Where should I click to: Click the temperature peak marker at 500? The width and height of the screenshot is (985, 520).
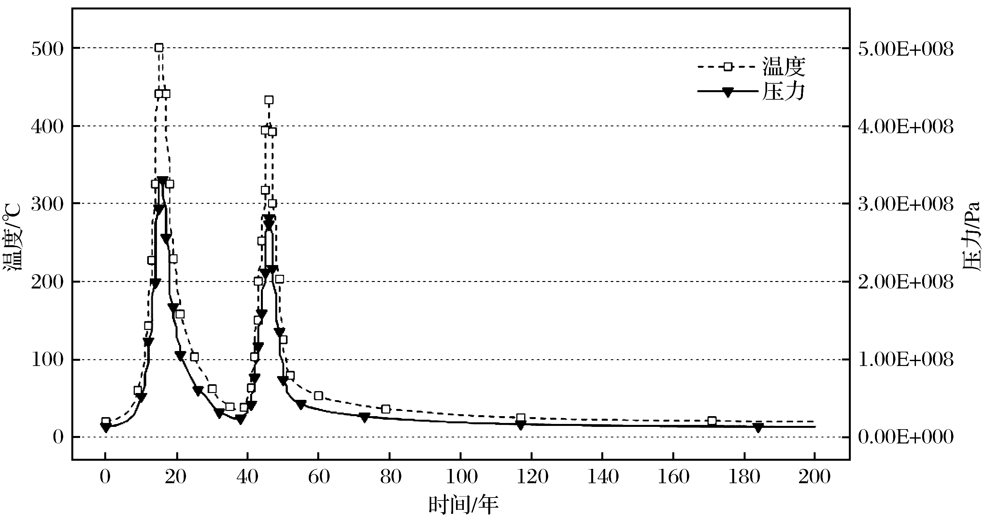tap(159, 48)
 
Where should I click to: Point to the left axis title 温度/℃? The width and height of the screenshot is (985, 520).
tap(13, 237)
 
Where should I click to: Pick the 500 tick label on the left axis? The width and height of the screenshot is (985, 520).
tap(47, 49)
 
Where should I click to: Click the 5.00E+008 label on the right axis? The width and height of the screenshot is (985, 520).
tap(906, 49)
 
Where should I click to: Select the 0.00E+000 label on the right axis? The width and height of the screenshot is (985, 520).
tap(906, 437)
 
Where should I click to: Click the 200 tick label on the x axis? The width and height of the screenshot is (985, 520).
tap(814, 477)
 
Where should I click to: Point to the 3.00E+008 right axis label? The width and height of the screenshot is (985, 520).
tap(906, 204)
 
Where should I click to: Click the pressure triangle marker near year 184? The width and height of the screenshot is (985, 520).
tap(758, 428)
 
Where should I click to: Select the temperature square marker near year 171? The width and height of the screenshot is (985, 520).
tap(712, 421)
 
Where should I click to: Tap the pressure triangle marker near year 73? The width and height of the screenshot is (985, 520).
tap(364, 417)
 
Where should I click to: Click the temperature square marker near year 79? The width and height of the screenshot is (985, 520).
tap(386, 409)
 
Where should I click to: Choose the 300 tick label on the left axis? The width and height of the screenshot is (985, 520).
tap(47, 204)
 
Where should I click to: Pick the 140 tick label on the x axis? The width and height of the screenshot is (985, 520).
tap(603, 477)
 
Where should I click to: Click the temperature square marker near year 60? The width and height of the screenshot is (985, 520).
tap(318, 396)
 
